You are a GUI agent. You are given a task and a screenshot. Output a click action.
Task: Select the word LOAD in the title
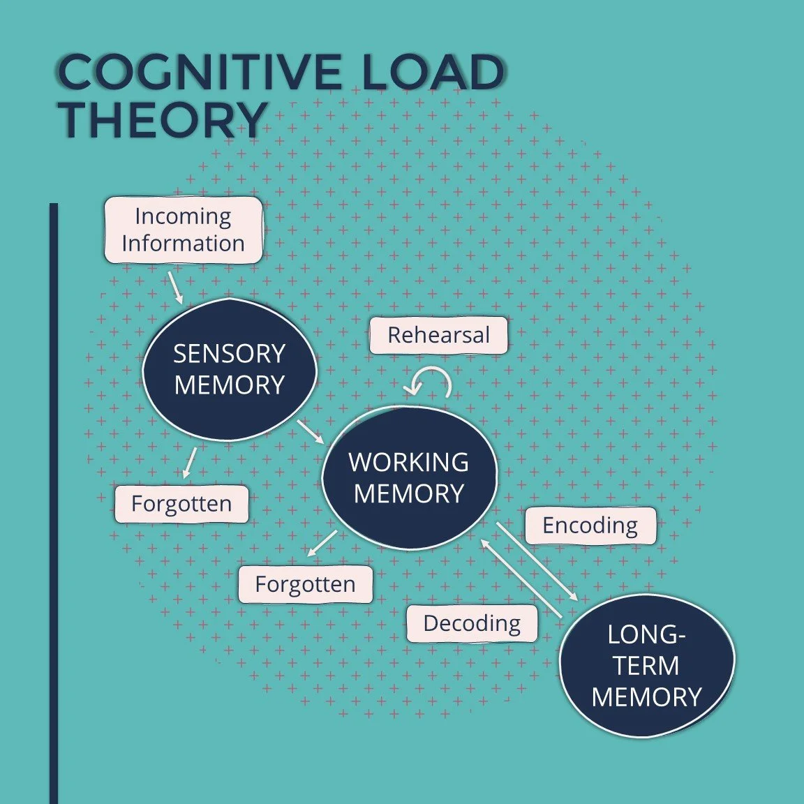click(x=433, y=72)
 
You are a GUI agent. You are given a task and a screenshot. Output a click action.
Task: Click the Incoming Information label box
click(x=184, y=230)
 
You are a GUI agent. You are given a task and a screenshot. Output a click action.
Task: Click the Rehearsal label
click(x=438, y=335)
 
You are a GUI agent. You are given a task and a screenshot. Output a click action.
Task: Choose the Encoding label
click(x=590, y=526)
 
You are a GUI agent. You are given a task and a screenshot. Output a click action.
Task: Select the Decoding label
click(x=472, y=623)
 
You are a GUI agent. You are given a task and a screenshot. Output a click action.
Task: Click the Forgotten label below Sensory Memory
click(x=181, y=504)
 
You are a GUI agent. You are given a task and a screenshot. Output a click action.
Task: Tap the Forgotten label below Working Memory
click(x=305, y=584)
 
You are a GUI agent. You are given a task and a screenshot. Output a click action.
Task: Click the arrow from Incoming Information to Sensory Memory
click(x=175, y=288)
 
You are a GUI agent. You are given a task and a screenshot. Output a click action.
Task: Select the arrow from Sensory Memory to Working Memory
click(x=311, y=431)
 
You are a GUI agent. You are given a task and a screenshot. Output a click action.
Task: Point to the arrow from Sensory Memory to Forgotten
click(x=189, y=463)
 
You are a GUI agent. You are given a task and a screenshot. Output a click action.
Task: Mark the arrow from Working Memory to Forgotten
click(x=322, y=543)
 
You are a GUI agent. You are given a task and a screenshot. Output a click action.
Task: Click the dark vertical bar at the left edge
click(x=54, y=502)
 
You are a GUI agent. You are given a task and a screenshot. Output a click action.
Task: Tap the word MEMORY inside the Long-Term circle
click(x=646, y=697)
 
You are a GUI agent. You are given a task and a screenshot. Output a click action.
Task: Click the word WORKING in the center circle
click(x=409, y=462)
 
